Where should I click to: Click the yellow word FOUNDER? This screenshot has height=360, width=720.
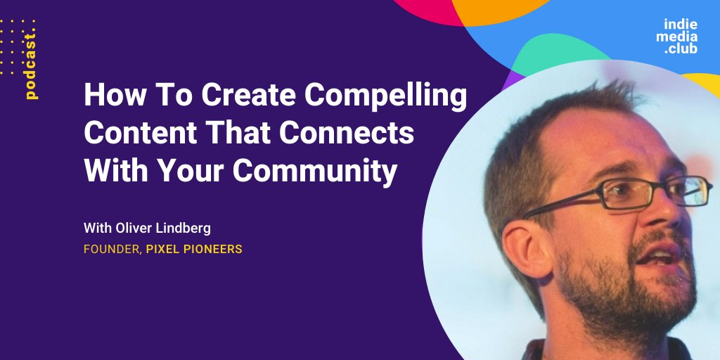pyautogui.click(x=112, y=250)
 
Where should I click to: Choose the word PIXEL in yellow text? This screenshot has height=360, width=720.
pyautogui.click(x=162, y=250)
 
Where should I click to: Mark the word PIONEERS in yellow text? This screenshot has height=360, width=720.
pyautogui.click(x=212, y=250)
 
